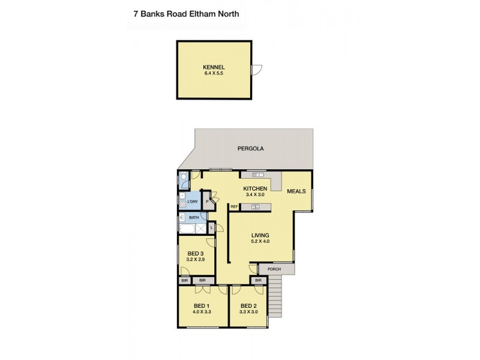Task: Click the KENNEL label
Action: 213,66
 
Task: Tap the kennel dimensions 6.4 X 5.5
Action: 213,73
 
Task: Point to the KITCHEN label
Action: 254,188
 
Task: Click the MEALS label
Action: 296,191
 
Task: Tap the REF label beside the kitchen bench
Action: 234,207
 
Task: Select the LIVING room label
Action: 260,235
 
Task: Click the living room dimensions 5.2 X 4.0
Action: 260,242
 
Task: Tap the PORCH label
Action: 274,269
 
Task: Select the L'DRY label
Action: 192,202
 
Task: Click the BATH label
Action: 194,217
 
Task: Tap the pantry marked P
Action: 206,202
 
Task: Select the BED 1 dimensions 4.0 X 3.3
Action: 202,313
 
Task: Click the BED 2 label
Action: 249,305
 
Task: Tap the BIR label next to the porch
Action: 259,280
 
